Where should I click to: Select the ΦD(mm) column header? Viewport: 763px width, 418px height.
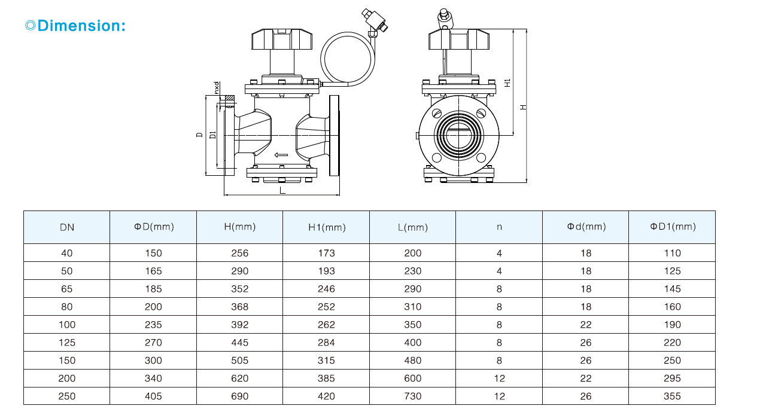pyautogui.click(x=154, y=227)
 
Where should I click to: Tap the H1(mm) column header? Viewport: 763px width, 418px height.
pyautogui.click(x=327, y=227)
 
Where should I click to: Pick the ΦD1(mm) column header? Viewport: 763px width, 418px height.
pyautogui.click(x=673, y=227)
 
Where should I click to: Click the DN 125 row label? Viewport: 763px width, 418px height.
pyautogui.click(x=67, y=343)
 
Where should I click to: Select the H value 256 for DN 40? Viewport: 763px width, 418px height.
pyautogui.click(x=240, y=253)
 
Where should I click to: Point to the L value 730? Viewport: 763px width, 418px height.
pyautogui.click(x=413, y=396)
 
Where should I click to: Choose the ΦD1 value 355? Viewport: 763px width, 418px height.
pyautogui.click(x=673, y=396)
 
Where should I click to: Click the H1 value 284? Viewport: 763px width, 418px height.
pyautogui.click(x=326, y=343)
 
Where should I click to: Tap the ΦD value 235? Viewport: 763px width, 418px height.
pyautogui.click(x=153, y=325)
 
